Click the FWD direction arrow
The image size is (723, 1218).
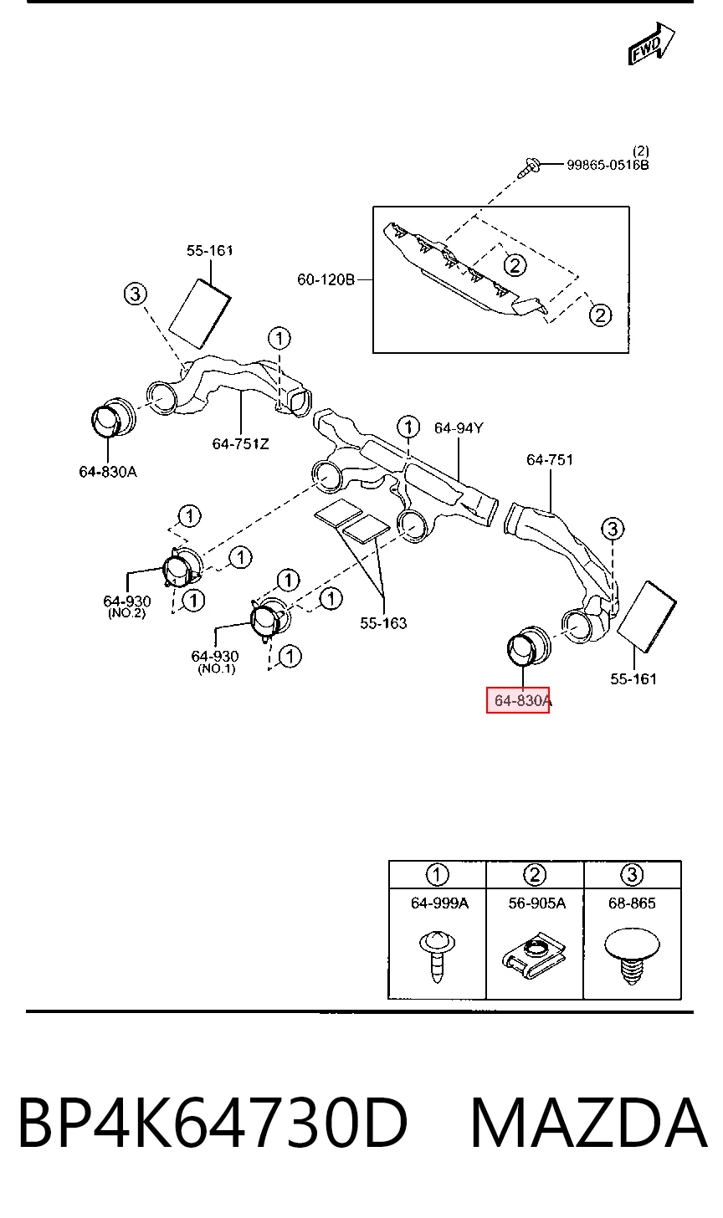[x=651, y=43]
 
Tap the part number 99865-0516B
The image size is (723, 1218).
[x=608, y=165]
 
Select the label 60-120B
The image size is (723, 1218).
[x=326, y=279]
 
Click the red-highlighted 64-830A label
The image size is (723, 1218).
[x=522, y=700]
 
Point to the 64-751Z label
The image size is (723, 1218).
[x=240, y=443]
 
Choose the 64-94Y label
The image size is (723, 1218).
[x=458, y=428]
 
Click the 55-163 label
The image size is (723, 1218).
[x=383, y=623]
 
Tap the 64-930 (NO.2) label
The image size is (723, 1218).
[x=126, y=606]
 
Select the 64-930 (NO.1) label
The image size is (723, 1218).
[x=215, y=662]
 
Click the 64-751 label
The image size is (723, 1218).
[x=550, y=460]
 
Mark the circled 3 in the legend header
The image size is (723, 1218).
[x=632, y=875]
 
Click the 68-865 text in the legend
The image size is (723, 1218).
[x=632, y=903]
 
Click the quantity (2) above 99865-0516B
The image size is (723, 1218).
[x=640, y=151]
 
